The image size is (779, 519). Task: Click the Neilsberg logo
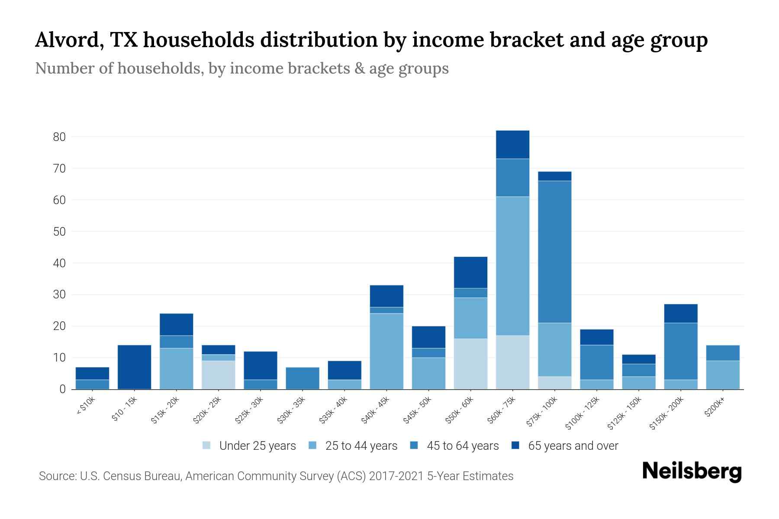(692, 471)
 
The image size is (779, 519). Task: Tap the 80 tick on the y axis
(59, 137)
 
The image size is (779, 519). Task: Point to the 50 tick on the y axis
(59, 232)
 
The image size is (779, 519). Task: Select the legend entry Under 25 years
(257, 446)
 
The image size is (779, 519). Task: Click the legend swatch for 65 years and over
(515, 445)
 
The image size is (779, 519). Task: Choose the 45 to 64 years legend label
(463, 446)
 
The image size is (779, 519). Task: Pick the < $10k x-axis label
(86, 406)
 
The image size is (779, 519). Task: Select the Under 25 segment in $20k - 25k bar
(219, 375)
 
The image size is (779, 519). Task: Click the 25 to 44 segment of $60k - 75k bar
(512, 266)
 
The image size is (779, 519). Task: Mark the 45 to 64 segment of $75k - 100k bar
(554, 252)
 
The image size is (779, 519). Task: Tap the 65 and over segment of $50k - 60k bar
(470, 272)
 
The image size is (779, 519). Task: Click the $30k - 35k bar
(303, 378)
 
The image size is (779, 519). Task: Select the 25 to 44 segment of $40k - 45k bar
(386, 351)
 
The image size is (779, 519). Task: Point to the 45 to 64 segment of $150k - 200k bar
(680, 351)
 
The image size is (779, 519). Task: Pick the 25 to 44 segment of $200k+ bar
(722, 375)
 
